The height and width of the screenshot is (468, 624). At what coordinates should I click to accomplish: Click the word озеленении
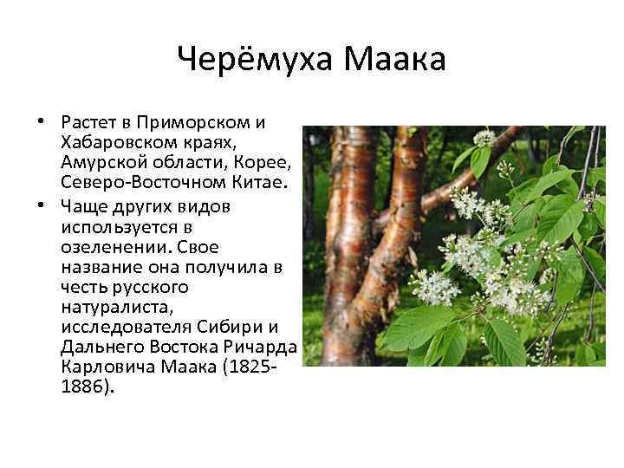(x=106, y=247)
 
